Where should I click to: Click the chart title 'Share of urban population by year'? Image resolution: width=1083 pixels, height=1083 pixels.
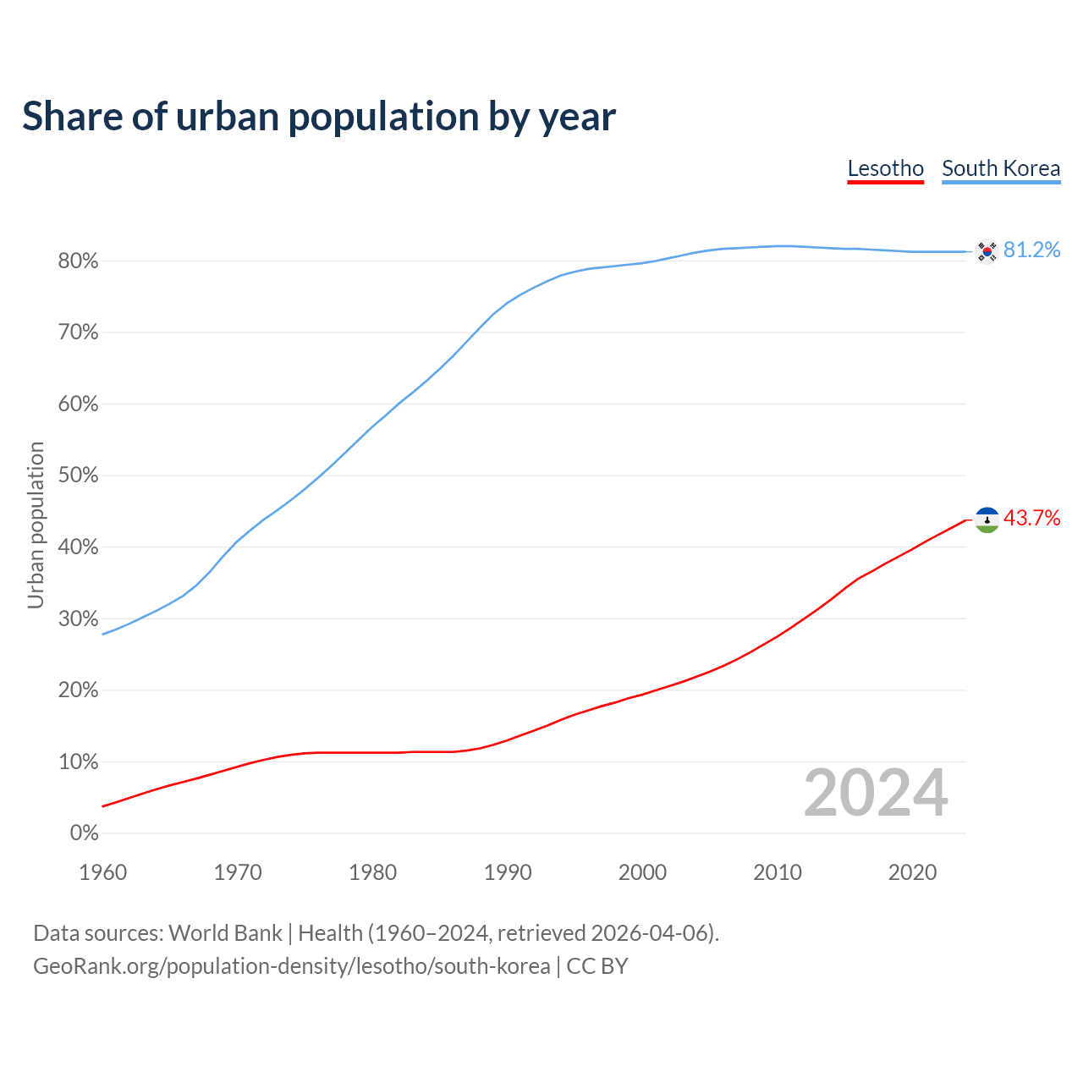coord(319,117)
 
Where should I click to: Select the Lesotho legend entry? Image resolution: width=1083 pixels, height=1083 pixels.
coord(885,168)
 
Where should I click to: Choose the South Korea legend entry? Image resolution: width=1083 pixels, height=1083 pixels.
coord(1001,168)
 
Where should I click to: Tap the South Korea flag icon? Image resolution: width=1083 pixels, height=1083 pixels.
coord(987,250)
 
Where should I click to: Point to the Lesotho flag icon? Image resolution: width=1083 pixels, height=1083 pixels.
coord(987,520)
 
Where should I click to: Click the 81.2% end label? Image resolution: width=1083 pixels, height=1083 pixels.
coord(1031,250)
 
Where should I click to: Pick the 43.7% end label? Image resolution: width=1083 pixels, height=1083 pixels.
coord(1031,519)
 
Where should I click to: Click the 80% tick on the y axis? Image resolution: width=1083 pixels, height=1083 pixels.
coord(78,261)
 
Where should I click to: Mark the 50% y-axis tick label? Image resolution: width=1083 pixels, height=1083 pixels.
coord(78,476)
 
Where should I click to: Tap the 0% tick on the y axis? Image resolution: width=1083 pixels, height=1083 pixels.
coord(84,833)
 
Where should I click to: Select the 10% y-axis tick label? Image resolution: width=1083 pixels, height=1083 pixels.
coord(78,762)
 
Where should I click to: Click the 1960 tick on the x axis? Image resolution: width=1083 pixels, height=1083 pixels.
coord(102,872)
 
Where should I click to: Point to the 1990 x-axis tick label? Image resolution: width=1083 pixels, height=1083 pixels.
coord(508,872)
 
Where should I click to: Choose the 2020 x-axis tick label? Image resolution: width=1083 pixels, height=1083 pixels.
coord(912,872)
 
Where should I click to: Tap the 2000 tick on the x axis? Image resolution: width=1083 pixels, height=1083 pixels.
coord(642,872)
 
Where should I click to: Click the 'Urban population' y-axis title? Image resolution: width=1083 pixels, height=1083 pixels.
coord(36,525)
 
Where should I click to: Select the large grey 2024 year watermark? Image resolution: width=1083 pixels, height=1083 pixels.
coord(876,793)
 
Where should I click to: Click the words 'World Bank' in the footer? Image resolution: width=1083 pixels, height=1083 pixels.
coord(225,933)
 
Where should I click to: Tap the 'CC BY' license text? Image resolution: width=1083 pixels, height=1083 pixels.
coord(597,966)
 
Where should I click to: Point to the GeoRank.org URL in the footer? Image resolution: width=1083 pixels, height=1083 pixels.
coord(291,966)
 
